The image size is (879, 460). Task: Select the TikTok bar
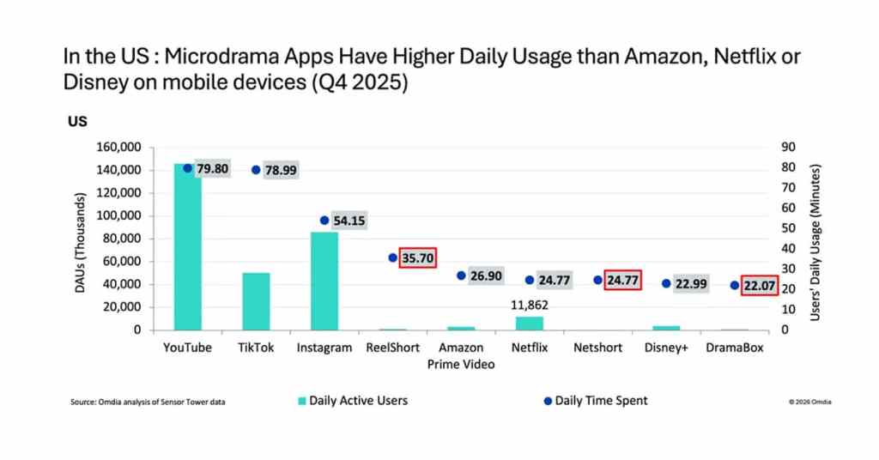tap(256, 301)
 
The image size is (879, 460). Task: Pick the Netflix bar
tap(530, 323)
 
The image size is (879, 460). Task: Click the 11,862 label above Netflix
tap(530, 305)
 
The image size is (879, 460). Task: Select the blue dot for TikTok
tap(256, 170)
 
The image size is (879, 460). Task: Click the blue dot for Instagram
tap(324, 221)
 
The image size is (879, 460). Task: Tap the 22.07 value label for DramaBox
tap(760, 285)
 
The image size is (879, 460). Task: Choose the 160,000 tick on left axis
tap(118, 147)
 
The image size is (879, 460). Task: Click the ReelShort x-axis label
tap(392, 348)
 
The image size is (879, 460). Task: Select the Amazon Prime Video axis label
tap(461, 355)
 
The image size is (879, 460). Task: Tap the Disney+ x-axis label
tap(666, 348)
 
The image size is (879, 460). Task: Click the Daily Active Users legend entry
tap(352, 401)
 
